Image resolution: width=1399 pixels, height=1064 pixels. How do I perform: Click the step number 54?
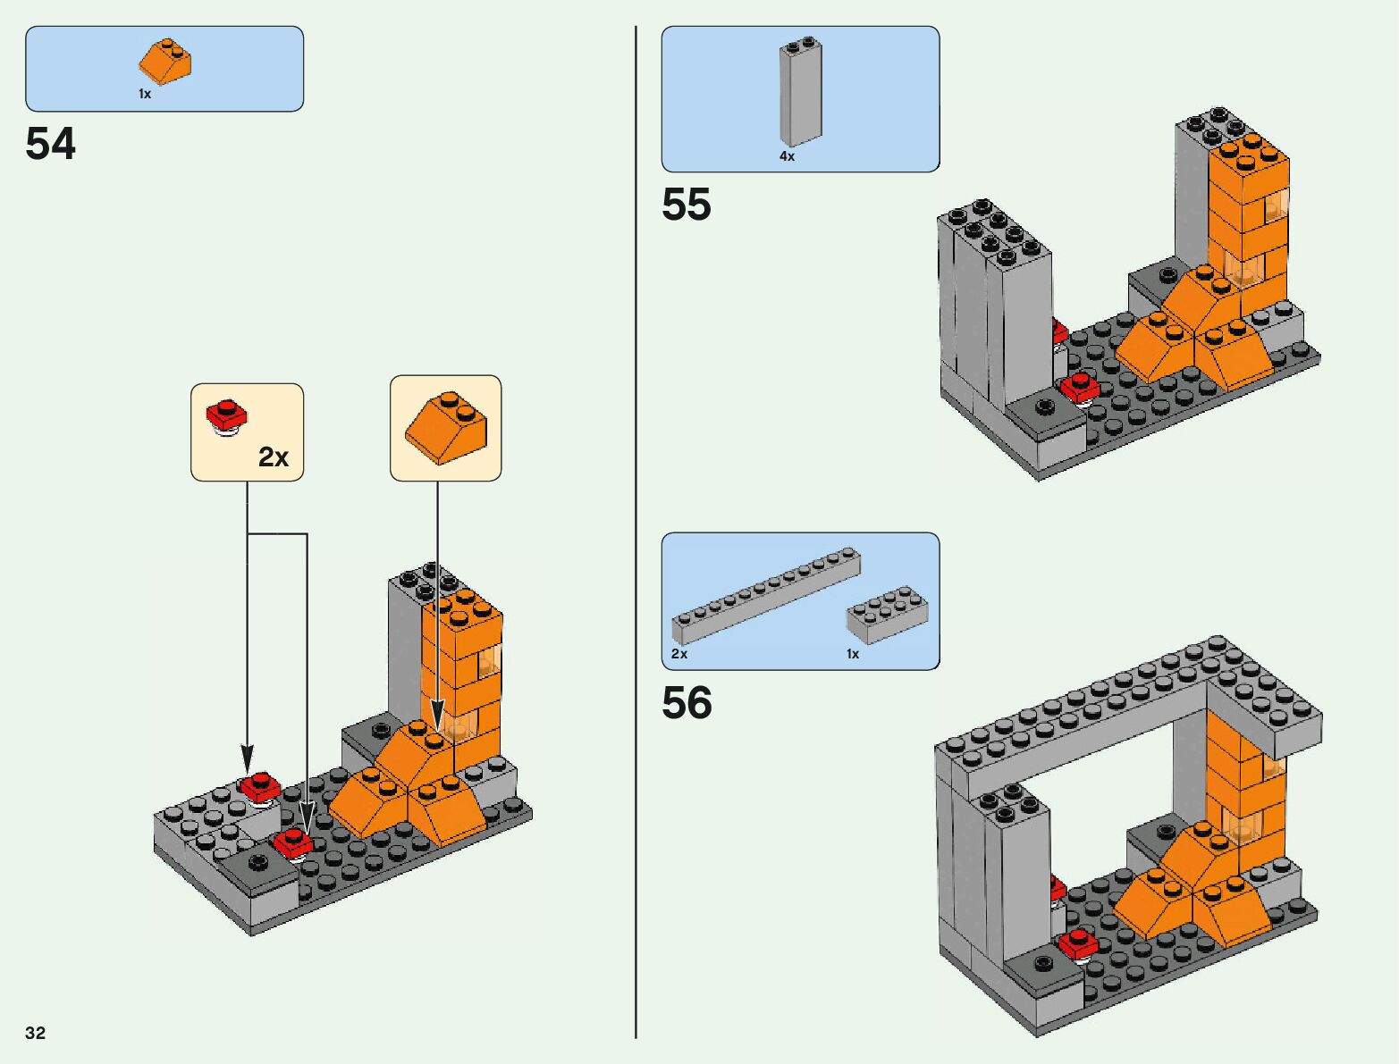click(50, 143)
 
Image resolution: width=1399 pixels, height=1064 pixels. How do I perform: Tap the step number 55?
click(687, 205)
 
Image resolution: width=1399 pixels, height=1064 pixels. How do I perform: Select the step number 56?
click(687, 702)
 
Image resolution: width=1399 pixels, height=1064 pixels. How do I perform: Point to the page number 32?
click(35, 1032)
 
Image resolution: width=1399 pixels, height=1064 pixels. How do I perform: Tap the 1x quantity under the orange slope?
click(145, 94)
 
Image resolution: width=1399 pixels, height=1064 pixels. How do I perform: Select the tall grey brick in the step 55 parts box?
click(801, 91)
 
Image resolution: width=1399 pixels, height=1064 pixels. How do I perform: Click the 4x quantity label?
click(788, 156)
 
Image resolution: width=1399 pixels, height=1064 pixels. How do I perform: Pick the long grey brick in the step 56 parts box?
click(766, 595)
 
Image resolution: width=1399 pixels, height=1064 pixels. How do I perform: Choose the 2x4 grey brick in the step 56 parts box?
click(887, 615)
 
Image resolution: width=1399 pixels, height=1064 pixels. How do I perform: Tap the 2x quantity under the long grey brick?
click(679, 654)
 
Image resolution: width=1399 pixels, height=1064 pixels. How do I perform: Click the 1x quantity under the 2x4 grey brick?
click(853, 654)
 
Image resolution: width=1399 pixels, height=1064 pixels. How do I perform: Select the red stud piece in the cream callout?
click(226, 417)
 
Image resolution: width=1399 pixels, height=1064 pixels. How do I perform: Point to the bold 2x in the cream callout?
click(274, 457)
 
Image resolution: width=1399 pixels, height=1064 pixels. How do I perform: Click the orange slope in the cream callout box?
click(445, 427)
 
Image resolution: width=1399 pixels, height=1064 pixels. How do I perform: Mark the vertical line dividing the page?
click(636, 532)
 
